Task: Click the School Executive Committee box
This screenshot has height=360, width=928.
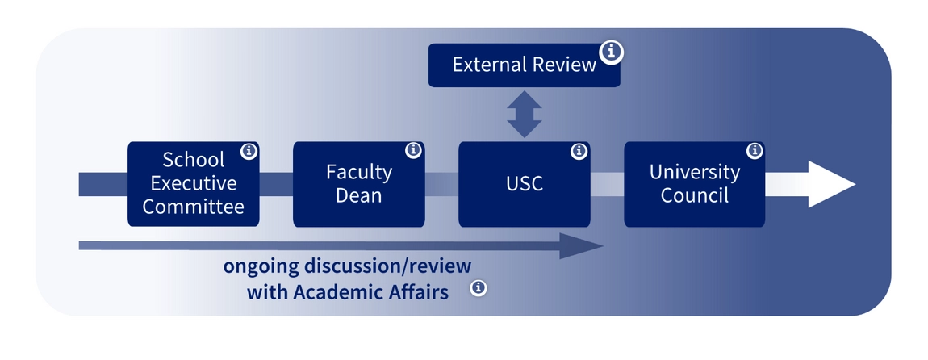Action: (194, 184)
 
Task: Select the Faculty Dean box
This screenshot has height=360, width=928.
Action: (358, 184)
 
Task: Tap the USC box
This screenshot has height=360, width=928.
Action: (524, 184)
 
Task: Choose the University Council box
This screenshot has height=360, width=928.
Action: (694, 184)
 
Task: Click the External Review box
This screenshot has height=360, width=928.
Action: (524, 65)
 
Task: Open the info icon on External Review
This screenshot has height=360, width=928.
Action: (612, 52)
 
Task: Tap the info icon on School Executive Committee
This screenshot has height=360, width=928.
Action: (249, 151)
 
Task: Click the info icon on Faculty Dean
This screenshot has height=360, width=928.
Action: (414, 150)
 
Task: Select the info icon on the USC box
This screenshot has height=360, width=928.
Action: (579, 151)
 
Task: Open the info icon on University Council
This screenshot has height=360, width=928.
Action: (755, 150)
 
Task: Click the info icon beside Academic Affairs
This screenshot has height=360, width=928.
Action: (479, 287)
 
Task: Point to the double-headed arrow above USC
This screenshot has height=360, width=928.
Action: (524, 115)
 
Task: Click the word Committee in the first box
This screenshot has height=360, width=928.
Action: (194, 207)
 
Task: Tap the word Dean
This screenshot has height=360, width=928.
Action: (358, 195)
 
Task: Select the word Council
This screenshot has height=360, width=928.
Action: (694, 195)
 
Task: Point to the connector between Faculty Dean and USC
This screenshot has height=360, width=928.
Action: (441, 184)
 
